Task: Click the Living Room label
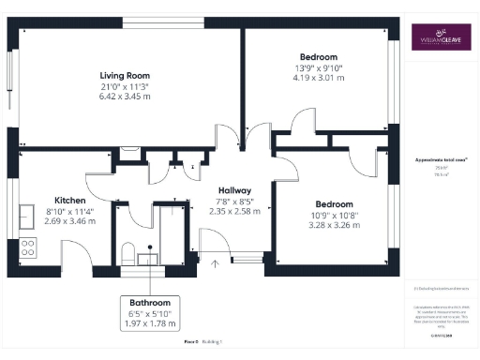pos(127,75)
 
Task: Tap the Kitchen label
pos(70,201)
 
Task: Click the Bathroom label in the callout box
pos(150,303)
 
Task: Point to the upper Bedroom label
pos(319,57)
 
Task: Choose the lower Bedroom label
pos(334,204)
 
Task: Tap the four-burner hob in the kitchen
pos(28,248)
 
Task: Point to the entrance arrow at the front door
pos(215,263)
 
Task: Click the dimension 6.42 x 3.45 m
pos(127,97)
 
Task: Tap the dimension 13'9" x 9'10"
pos(319,68)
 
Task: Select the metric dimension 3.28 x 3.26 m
pos(334,226)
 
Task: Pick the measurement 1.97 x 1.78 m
pos(150,324)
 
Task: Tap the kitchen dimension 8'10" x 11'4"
pos(70,212)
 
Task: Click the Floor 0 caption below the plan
pos(191,342)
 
